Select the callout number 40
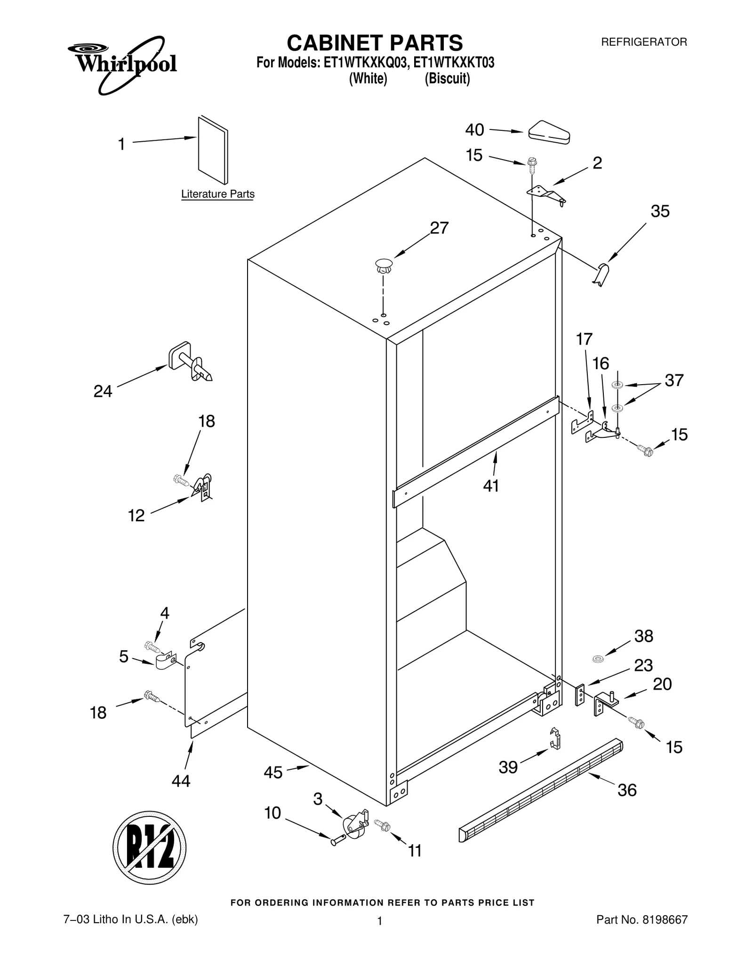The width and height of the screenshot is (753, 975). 474,130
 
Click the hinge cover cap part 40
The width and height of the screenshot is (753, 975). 549,131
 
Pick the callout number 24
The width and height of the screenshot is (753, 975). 103,391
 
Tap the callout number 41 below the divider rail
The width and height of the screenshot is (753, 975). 491,486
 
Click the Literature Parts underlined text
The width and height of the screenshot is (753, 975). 217,194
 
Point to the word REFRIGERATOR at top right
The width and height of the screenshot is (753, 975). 644,42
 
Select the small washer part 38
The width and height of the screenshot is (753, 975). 598,658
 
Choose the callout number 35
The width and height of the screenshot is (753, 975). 660,211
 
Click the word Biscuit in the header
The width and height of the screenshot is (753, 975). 447,79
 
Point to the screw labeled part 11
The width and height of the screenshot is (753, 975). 382,824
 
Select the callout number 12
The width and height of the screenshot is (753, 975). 136,516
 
